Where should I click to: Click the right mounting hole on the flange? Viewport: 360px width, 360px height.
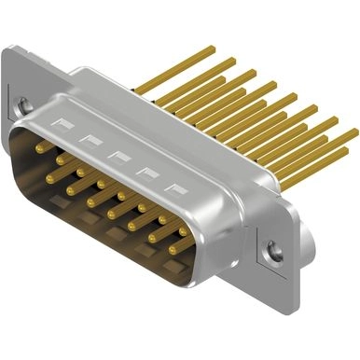pos(272,249)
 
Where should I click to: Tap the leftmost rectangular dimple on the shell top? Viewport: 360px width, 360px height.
pos(64,123)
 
